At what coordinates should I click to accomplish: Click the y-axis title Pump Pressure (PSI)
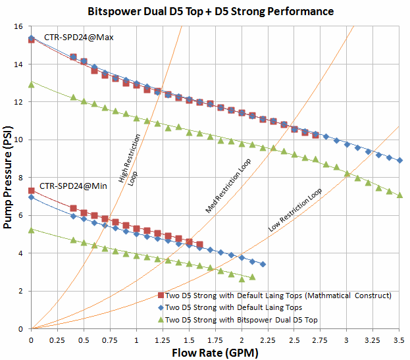(x=9, y=178)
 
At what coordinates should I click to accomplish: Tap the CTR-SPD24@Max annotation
(x=78, y=38)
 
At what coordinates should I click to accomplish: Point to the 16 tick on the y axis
(x=21, y=27)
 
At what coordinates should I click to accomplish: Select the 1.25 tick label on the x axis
(x=163, y=340)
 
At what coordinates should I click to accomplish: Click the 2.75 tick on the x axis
(x=320, y=340)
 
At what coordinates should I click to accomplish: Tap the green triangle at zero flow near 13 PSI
(x=32, y=84)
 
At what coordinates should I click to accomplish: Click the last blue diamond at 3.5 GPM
(x=399, y=161)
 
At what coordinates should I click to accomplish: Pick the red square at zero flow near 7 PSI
(x=32, y=191)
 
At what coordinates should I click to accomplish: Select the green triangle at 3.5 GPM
(x=399, y=195)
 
